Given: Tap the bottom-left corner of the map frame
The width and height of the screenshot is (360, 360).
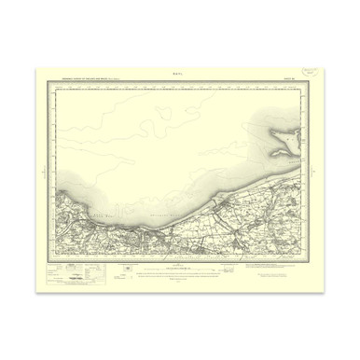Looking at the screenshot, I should [x=55, y=258].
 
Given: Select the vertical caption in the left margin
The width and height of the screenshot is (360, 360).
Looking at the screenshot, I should [x=44, y=173].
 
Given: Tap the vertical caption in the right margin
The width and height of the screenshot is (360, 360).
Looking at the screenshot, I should [x=314, y=173].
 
